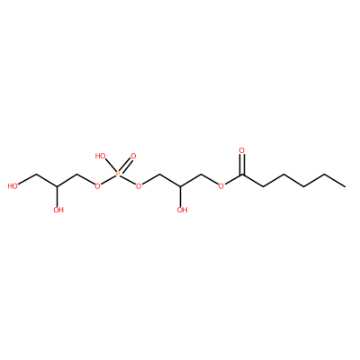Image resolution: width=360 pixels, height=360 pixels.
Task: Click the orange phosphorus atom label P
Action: [x=118, y=175]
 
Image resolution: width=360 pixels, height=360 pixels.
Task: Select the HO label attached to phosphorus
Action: [x=101, y=156]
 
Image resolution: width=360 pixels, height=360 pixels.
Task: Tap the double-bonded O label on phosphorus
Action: [x=133, y=156]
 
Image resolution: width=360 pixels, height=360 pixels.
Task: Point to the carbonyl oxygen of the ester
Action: [x=242, y=150]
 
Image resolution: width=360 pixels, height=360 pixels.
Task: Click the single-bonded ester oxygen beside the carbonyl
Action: [x=221, y=186]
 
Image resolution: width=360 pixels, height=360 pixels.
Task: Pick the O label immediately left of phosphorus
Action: [x=97, y=186]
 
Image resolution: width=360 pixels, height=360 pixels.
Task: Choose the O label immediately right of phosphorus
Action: [x=139, y=186]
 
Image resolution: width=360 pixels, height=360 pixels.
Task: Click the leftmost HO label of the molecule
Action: [x=13, y=186]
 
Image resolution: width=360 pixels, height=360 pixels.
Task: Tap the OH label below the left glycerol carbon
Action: [x=58, y=210]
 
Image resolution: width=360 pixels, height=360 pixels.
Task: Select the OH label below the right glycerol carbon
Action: [x=182, y=210]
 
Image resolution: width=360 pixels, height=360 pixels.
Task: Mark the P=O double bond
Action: [x=125, y=166]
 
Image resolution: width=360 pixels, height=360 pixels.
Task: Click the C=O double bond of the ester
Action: [x=242, y=165]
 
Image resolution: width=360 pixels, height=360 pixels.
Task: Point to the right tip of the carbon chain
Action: [x=346, y=186]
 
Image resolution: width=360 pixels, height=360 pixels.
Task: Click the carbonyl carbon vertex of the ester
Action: [x=242, y=175]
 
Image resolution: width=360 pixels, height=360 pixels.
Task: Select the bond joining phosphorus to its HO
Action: [x=110, y=166]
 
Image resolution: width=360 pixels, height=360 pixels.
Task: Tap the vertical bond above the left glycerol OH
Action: [x=57, y=196]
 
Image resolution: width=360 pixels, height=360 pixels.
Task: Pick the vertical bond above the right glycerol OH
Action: [x=180, y=196]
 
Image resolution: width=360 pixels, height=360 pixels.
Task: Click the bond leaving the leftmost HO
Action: [x=27, y=179]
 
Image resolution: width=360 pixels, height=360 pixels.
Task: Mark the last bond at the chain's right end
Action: [x=335, y=180]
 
